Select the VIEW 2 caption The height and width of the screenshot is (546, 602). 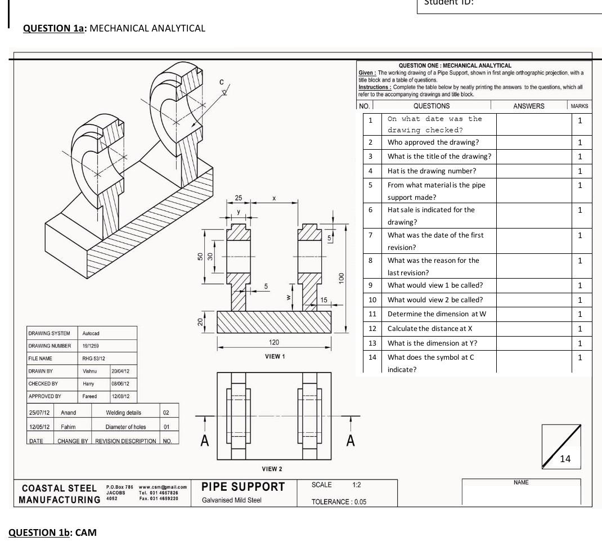pos(272,469)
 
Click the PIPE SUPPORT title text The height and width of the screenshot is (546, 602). pos(243,487)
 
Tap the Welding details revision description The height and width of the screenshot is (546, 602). pos(124,413)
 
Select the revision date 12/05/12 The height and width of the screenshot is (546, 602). pos(38,427)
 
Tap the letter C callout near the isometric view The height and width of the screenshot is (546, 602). pos(222,82)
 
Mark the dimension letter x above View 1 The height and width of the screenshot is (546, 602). pos(274,199)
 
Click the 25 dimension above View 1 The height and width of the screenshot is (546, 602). pos(239,198)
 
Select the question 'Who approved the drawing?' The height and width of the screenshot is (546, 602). pos(433,142)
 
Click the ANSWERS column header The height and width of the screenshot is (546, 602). pos(529,106)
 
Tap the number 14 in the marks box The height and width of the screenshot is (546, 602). pos(565,459)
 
